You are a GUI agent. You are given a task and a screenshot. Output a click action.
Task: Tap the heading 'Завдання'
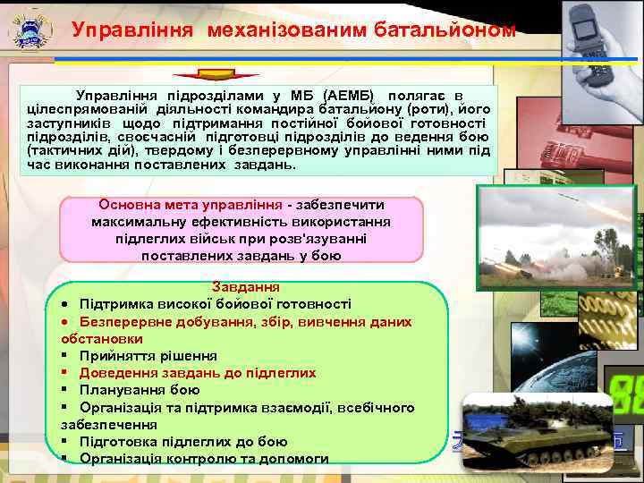tap(246, 288)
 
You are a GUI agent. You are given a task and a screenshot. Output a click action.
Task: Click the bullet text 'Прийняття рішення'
tap(148, 356)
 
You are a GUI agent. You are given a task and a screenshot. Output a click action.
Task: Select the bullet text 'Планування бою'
tap(139, 390)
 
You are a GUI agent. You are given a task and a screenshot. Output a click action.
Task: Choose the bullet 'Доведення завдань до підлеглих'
tap(197, 373)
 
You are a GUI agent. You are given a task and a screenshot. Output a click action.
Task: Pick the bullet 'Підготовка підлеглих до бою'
tap(183, 442)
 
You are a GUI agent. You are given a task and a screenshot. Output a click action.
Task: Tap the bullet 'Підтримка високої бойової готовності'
tap(215, 305)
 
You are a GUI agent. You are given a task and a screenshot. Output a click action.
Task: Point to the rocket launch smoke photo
tap(555, 241)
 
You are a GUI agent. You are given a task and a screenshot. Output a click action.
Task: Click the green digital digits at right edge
tap(626, 394)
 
